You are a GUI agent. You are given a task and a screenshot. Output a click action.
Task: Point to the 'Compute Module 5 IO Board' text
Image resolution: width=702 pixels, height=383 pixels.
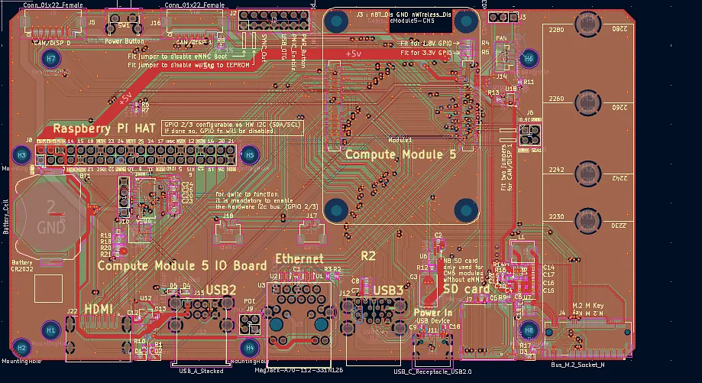(183, 266)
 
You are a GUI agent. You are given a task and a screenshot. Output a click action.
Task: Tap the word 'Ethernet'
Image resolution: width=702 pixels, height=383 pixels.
(299, 259)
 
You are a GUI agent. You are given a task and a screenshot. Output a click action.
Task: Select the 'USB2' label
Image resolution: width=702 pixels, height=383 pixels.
(221, 290)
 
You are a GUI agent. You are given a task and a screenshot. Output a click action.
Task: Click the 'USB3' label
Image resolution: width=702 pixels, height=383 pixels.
(388, 290)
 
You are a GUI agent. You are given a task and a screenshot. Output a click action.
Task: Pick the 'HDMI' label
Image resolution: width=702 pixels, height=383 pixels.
(99, 308)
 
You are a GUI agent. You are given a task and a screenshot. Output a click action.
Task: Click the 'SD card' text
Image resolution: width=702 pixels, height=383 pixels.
(467, 289)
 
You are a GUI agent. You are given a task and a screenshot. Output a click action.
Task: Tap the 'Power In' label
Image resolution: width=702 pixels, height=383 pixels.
(432, 312)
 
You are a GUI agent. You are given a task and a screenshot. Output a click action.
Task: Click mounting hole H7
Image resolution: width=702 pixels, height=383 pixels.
(51, 58)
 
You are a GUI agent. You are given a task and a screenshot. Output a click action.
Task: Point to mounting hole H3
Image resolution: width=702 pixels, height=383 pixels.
(22, 155)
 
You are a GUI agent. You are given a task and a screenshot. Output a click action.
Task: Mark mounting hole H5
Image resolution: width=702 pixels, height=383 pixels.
(249, 155)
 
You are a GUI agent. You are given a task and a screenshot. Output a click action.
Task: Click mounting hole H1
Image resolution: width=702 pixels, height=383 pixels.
(50, 330)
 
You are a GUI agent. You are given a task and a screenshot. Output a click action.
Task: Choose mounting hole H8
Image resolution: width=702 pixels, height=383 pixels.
(527, 330)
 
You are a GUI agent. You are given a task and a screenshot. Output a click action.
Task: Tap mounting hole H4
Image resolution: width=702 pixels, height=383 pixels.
(250, 347)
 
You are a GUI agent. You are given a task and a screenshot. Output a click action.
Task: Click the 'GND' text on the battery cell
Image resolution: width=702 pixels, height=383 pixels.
(50, 228)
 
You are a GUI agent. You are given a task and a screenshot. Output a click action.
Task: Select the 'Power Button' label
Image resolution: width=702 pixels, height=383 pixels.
(125, 41)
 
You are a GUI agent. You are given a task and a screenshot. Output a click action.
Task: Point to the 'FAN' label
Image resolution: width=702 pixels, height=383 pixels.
(500, 37)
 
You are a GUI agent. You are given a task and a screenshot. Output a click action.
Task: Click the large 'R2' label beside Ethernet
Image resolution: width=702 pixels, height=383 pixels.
(368, 255)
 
